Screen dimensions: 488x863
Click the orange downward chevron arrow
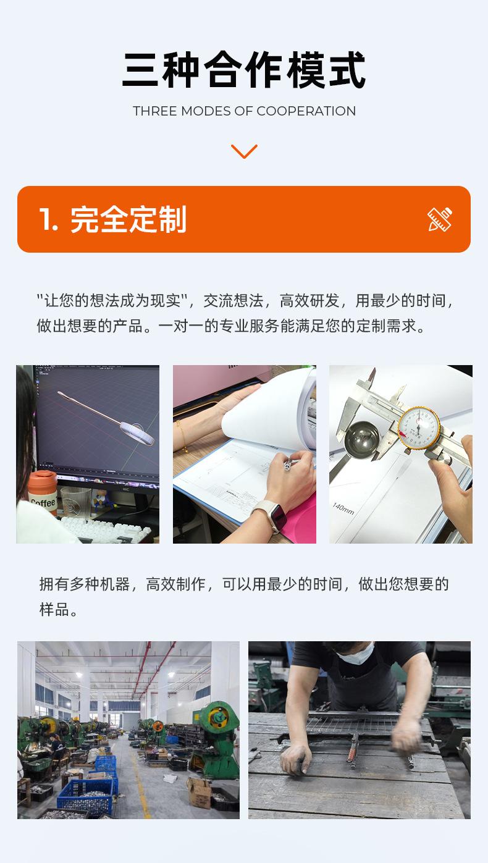click(244, 151)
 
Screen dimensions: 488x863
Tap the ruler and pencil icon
click(440, 219)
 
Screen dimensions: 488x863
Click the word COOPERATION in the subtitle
click(306, 111)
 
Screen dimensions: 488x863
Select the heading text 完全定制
click(128, 219)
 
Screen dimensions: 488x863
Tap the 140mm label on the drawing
click(343, 508)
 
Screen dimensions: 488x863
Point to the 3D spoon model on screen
click(106, 418)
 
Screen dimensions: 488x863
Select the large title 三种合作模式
click(244, 70)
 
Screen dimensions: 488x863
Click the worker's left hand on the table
click(295, 759)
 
